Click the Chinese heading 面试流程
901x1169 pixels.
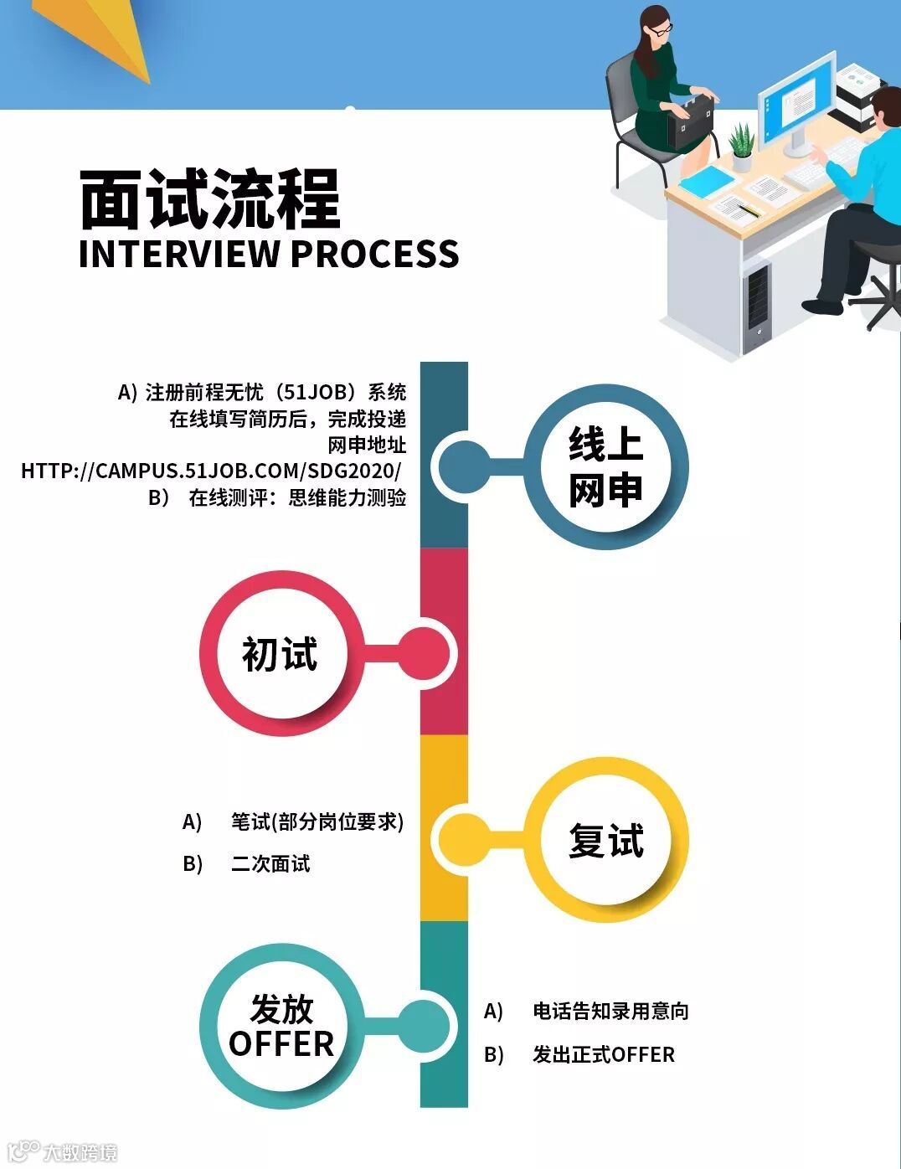(x=209, y=199)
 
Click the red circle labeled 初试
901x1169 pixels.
(x=281, y=654)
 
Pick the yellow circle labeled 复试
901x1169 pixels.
(x=605, y=840)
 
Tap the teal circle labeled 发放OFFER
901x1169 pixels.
(x=281, y=1026)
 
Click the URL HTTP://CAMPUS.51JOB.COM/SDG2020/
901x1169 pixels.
(x=211, y=471)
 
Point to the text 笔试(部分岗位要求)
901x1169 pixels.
(x=317, y=821)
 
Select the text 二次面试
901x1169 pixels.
(x=270, y=863)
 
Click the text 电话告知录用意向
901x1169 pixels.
(x=610, y=1011)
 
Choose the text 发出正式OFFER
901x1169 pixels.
(x=603, y=1054)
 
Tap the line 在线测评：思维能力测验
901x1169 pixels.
(x=296, y=497)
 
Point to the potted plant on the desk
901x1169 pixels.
(x=741, y=146)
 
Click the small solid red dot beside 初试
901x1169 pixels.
(x=424, y=654)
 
